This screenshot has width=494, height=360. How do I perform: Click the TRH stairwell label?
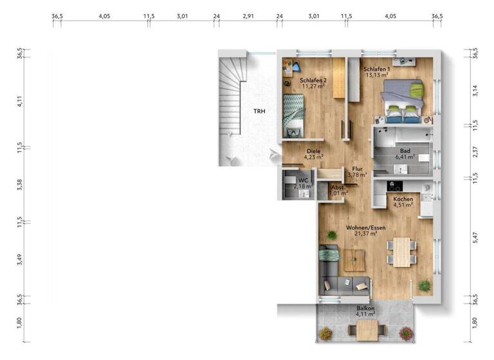(x=259, y=111)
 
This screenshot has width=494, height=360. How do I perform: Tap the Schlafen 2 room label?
(x=313, y=80)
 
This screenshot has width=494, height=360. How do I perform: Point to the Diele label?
(x=313, y=150)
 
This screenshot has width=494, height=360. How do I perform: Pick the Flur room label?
(x=358, y=168)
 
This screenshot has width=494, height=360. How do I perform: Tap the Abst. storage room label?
(x=337, y=187)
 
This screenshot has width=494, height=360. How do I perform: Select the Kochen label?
(x=403, y=199)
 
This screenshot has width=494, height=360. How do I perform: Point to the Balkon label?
(x=365, y=309)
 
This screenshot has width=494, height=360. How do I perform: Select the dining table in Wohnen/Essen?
(x=403, y=251)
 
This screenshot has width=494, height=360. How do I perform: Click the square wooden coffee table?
(x=354, y=260)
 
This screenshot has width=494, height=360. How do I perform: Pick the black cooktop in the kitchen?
(x=394, y=186)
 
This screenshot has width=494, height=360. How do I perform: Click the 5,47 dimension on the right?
(x=475, y=237)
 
